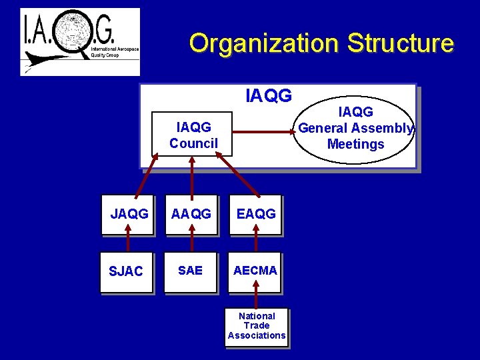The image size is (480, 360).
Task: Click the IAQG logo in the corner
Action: tap(80, 41)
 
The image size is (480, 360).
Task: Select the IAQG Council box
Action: tap(193, 135)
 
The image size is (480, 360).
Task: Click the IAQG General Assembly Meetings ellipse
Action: tap(355, 129)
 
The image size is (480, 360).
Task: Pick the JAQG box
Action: tap(129, 214)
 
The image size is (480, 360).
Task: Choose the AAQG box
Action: tap(191, 214)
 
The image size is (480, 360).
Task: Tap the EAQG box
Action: tap(255, 214)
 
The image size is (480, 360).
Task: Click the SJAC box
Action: tap(127, 271)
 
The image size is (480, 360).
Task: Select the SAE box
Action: tap(191, 271)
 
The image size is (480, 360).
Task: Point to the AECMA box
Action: tap(255, 271)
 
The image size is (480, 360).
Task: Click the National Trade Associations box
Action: tap(257, 326)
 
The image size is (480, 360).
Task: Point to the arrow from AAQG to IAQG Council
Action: tap(192, 175)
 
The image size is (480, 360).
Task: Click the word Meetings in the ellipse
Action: tap(356, 144)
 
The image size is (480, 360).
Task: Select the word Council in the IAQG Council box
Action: tap(193, 143)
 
